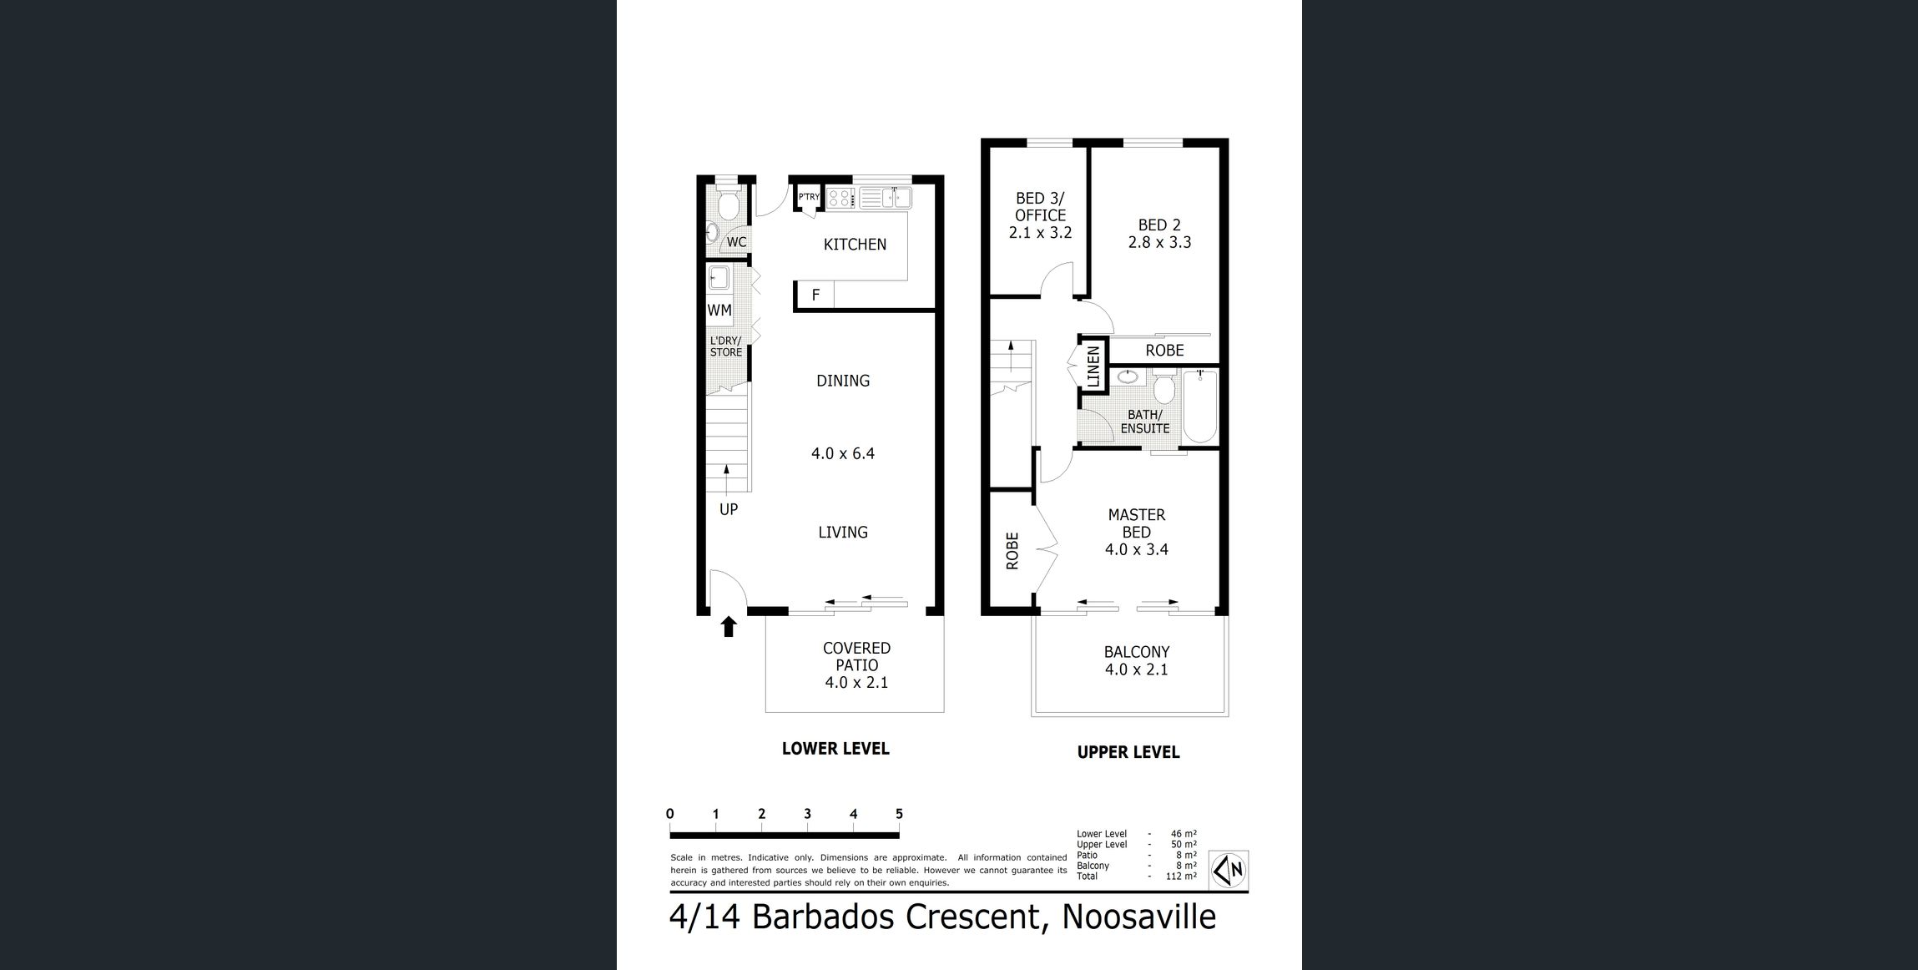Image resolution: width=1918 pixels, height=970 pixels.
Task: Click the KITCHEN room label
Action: pos(855,245)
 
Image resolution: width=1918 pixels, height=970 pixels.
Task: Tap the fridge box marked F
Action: pos(815,295)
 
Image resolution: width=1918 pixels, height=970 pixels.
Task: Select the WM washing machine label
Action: pos(719,310)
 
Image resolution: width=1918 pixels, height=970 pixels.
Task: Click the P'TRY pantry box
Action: pos(809,197)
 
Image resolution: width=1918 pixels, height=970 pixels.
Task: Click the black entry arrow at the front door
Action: pos(729,626)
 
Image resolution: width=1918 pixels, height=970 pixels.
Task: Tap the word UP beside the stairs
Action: pos(729,509)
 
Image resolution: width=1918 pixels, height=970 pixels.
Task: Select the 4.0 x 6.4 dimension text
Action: pos(843,454)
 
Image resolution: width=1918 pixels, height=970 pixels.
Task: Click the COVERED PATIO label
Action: pos(856,657)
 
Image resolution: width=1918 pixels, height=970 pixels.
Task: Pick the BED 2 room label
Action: pos(1159,225)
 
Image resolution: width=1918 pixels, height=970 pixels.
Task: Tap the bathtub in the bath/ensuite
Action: pos(1200,407)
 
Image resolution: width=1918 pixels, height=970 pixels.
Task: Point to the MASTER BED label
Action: pos(1137,523)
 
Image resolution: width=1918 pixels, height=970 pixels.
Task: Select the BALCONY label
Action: pos(1137,652)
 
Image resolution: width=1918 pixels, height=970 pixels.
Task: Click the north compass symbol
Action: pos(1229,871)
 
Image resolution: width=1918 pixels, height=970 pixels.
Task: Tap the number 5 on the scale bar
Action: pos(899,814)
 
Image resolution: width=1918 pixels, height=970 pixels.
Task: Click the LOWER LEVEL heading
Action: pos(835,749)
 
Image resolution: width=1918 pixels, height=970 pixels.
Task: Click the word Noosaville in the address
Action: pos(1138,917)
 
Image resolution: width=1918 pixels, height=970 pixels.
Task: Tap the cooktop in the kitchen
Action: pos(841,198)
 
